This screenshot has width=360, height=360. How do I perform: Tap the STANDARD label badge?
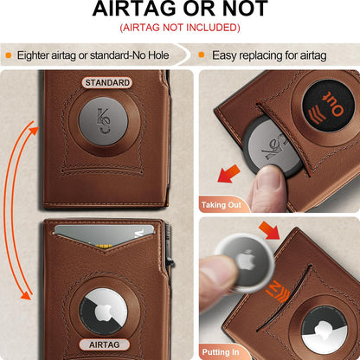tap(107, 83)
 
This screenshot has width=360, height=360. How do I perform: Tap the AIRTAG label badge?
tap(108, 344)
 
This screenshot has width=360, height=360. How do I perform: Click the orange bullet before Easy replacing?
tap(202, 55)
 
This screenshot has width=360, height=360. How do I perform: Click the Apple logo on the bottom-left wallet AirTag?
tap(108, 305)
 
